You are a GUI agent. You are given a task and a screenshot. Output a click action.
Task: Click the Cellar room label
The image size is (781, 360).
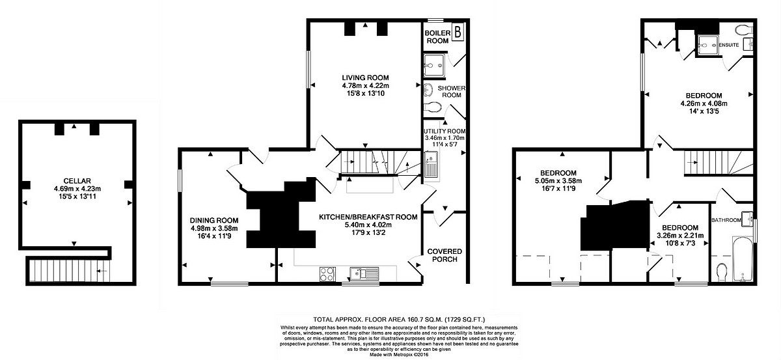point(77,180)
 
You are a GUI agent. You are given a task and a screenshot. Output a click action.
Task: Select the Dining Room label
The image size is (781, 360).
point(214,220)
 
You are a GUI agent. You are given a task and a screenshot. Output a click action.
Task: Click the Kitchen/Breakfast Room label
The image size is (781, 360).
point(368,217)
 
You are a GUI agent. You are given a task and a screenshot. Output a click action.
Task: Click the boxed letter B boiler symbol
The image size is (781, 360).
point(458,31)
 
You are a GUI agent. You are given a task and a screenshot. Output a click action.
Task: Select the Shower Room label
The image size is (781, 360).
point(449,91)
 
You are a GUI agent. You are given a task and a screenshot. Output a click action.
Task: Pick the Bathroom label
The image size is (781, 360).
point(726,220)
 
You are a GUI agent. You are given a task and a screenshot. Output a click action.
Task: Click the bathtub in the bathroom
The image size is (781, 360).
point(742,260)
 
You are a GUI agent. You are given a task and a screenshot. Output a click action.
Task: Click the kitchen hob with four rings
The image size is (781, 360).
point(327,274)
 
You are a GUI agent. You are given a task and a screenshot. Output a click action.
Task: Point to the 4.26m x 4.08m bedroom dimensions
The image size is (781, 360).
point(703,103)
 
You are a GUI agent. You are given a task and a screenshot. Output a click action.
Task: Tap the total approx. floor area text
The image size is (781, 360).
point(390,319)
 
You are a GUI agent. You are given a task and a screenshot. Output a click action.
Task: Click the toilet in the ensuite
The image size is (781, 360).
point(743,30)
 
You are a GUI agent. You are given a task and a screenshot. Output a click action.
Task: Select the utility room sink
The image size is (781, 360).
point(431,164)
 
